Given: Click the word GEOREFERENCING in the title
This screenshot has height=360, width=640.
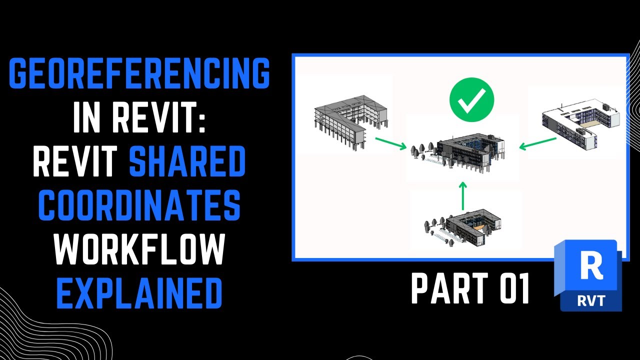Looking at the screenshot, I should click(139, 73).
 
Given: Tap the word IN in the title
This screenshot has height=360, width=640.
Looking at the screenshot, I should click(90, 119).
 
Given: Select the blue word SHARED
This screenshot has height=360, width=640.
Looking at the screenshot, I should click(187, 163).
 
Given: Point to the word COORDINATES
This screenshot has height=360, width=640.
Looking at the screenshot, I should click(139, 206).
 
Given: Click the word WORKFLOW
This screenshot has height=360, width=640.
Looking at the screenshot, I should click(139, 250).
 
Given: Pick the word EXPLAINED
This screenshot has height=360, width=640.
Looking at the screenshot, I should click(139, 294).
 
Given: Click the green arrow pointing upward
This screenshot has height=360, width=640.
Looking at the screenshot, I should click(463, 195).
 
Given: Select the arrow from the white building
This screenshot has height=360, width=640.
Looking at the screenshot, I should click(538, 143).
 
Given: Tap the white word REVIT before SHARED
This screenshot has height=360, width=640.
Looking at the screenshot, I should click(77, 163).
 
